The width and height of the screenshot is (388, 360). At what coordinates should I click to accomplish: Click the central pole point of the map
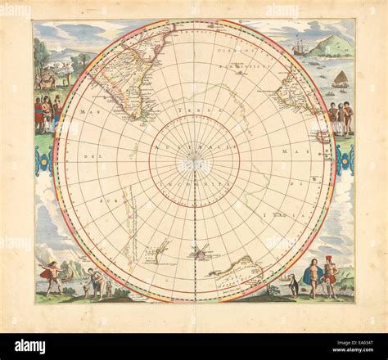pos(194,164)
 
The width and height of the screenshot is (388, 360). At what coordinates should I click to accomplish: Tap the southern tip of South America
pos(140,115)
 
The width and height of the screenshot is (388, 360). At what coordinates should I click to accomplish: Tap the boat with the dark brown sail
pos(341,79)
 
